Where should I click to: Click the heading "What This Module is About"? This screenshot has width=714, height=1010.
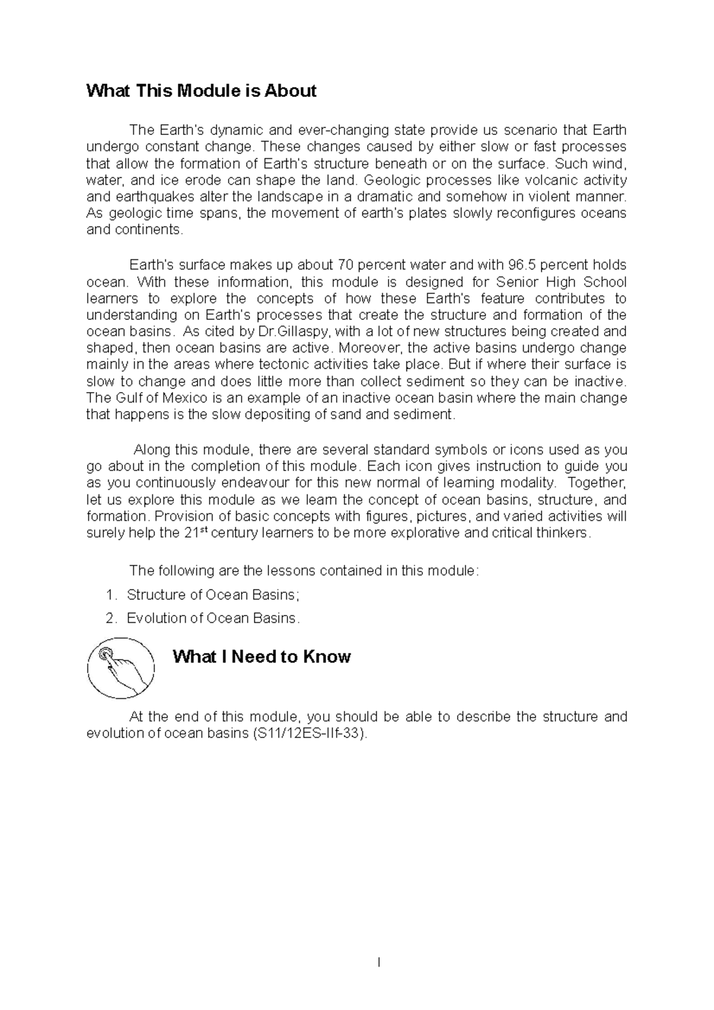point(201,91)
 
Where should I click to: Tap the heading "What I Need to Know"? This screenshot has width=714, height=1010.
point(261,657)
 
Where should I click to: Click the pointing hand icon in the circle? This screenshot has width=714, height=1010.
point(121,668)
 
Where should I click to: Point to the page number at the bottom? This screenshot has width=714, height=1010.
point(379,962)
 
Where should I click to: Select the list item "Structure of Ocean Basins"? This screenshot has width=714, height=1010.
point(211,595)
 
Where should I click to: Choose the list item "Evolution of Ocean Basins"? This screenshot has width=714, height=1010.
point(212,618)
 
